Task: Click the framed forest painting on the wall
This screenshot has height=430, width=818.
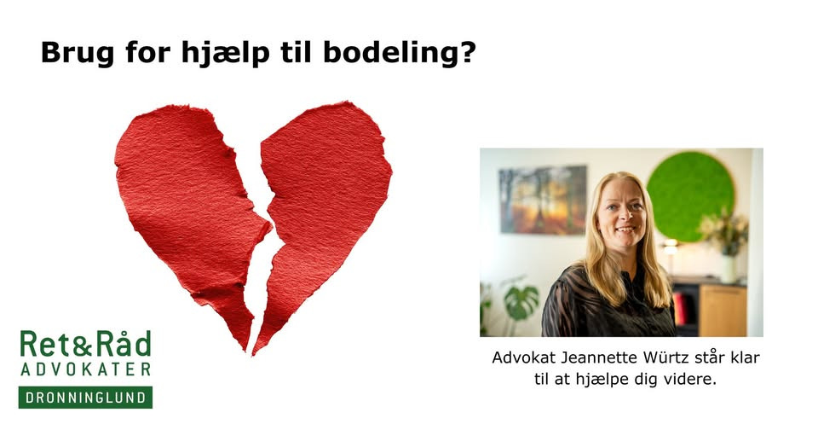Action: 543,200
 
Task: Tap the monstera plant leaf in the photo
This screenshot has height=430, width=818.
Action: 520,300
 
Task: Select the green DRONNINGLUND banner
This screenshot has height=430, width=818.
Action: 85,398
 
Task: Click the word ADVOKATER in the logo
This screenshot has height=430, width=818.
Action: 85,369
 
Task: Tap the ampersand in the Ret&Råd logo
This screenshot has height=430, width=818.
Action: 84,344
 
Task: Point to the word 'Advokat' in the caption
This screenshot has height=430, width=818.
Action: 519,357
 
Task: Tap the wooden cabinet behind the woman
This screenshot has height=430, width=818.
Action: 721,308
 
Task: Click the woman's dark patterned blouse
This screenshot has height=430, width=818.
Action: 596,307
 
